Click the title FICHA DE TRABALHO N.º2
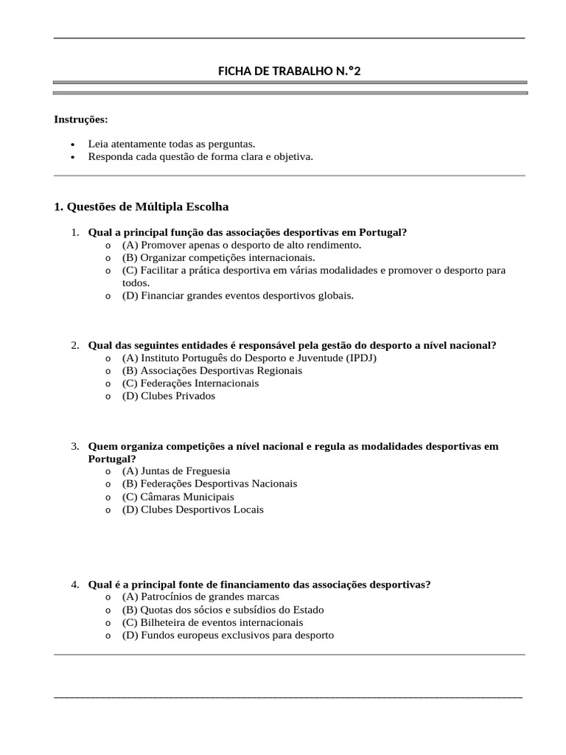click(290, 71)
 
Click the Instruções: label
click(81, 119)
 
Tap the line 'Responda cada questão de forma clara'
click(200, 156)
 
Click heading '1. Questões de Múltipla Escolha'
click(141, 207)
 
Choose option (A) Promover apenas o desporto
click(242, 245)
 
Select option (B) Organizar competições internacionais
click(218, 257)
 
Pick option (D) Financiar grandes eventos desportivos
click(238, 296)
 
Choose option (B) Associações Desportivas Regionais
click(212, 371)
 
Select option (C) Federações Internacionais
click(190, 383)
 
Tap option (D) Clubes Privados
click(169, 396)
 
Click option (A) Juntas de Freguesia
click(176, 470)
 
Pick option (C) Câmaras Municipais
click(178, 497)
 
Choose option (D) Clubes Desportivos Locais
click(192, 509)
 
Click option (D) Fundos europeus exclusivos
click(228, 635)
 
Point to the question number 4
click(75, 584)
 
